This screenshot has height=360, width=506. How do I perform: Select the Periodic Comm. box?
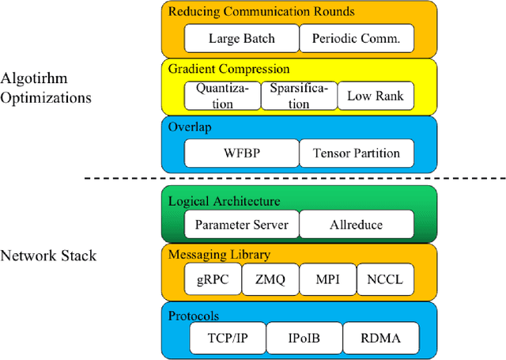[356, 38]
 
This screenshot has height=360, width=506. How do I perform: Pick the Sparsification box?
[296, 96]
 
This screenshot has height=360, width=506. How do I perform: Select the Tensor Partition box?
[356, 153]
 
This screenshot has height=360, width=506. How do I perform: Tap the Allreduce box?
[356, 225]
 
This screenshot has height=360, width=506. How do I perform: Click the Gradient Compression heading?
[228, 70]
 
